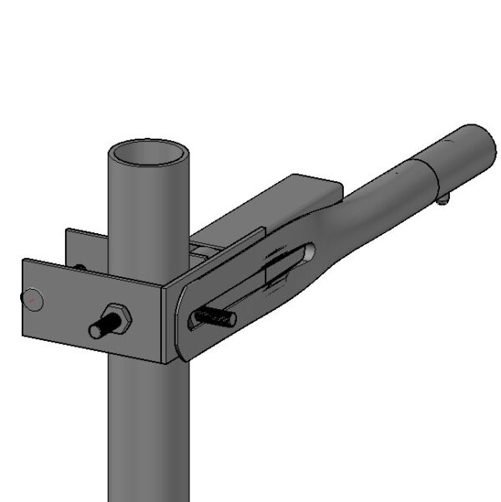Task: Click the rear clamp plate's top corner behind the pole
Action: [69, 233]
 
